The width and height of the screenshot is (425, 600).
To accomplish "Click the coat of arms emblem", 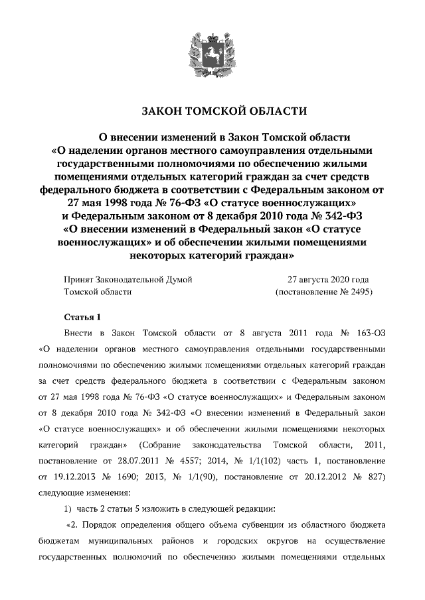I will (x=212, y=50).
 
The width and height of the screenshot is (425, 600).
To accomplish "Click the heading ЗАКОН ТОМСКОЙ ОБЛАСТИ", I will (x=212, y=109).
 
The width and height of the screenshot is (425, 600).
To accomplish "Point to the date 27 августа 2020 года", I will (x=329, y=280).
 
